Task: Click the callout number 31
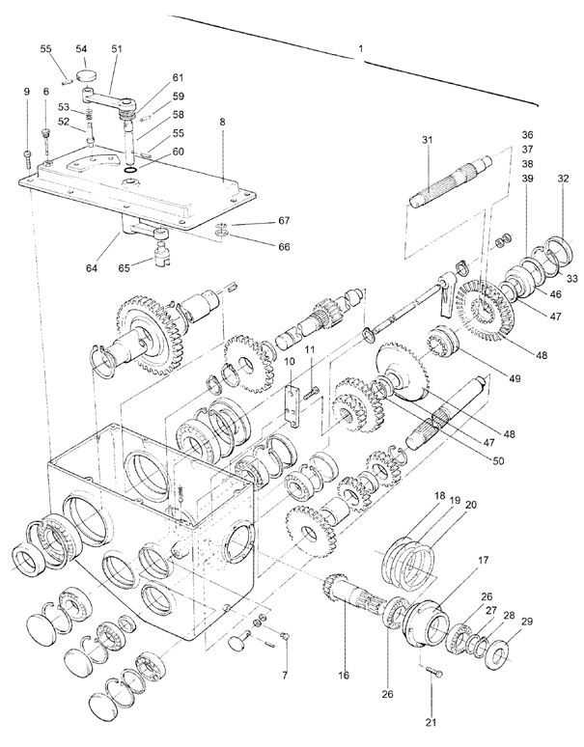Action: point(428,140)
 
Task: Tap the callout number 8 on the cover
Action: point(222,122)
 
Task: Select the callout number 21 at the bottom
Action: point(431,723)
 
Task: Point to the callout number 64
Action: point(92,268)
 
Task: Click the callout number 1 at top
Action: point(361,48)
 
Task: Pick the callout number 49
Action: point(514,378)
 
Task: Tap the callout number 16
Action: point(344,675)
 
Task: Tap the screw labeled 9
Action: point(27,157)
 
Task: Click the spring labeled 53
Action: point(89,115)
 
